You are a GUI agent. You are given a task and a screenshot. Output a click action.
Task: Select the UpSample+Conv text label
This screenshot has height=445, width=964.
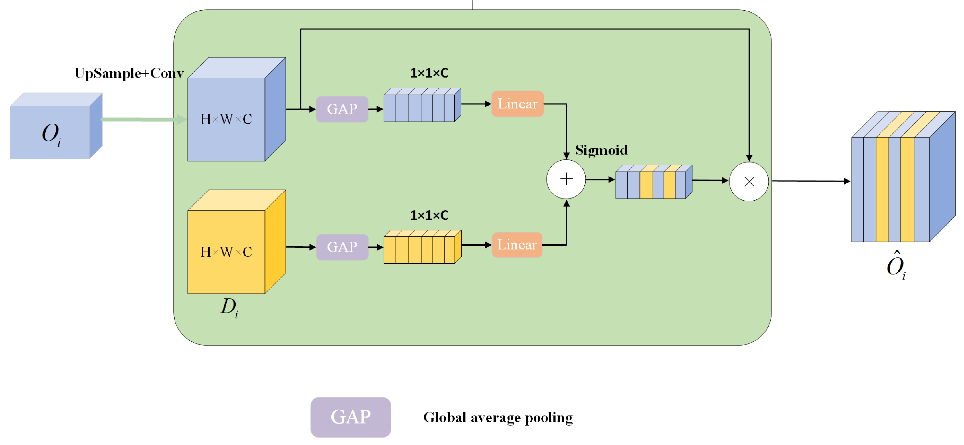(x=129, y=73)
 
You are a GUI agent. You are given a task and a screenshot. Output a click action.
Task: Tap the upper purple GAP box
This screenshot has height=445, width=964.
(x=342, y=109)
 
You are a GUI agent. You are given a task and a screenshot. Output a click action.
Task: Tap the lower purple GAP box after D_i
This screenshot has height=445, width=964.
(x=342, y=247)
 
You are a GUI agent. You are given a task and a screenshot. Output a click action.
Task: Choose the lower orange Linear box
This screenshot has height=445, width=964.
(x=517, y=245)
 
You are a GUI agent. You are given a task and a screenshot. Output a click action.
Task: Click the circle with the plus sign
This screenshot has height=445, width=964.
(x=566, y=179)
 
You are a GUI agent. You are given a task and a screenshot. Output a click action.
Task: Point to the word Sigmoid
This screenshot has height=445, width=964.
(x=601, y=150)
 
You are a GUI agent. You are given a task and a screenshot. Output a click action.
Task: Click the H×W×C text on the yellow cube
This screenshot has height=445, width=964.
(x=226, y=252)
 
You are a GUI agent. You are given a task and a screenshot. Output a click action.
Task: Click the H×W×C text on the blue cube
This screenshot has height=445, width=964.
(x=226, y=119)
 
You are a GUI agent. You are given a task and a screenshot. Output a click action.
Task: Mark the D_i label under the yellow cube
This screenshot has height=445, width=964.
(x=229, y=307)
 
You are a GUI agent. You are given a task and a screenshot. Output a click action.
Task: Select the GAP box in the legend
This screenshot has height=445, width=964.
(x=350, y=417)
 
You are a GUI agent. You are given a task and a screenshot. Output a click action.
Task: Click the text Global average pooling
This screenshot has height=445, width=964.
(x=498, y=417)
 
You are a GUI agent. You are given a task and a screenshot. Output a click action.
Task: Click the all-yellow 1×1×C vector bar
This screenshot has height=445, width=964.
(x=422, y=247)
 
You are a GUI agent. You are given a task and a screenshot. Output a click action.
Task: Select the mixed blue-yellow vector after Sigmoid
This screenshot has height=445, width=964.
(x=653, y=182)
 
